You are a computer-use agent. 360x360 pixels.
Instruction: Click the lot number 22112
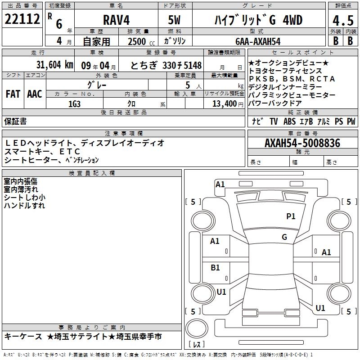click(x=22, y=19)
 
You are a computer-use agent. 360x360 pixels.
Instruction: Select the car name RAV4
click(x=117, y=20)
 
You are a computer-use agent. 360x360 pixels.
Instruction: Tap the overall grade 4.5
click(x=343, y=21)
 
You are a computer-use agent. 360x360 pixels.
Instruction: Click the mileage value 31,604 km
click(x=54, y=65)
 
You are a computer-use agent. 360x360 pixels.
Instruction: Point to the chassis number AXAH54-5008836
click(x=302, y=143)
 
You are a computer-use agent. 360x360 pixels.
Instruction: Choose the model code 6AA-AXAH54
click(x=258, y=41)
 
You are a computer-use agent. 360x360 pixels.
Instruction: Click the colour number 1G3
click(x=74, y=104)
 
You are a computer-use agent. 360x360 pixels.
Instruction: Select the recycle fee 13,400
click(x=225, y=104)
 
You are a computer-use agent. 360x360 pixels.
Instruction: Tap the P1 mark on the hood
click(x=291, y=216)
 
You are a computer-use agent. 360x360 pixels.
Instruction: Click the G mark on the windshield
click(x=284, y=237)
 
